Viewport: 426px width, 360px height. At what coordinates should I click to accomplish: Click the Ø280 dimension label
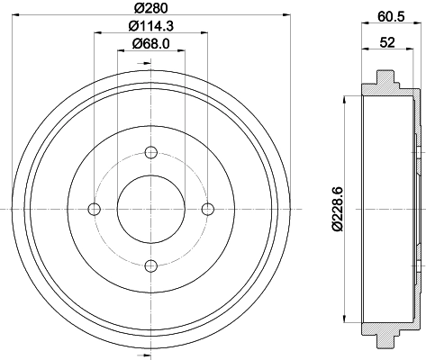(x=150, y=8)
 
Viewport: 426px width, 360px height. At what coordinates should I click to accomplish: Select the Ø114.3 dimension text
(x=150, y=27)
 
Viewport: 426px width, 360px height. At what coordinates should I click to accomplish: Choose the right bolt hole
(x=207, y=209)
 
